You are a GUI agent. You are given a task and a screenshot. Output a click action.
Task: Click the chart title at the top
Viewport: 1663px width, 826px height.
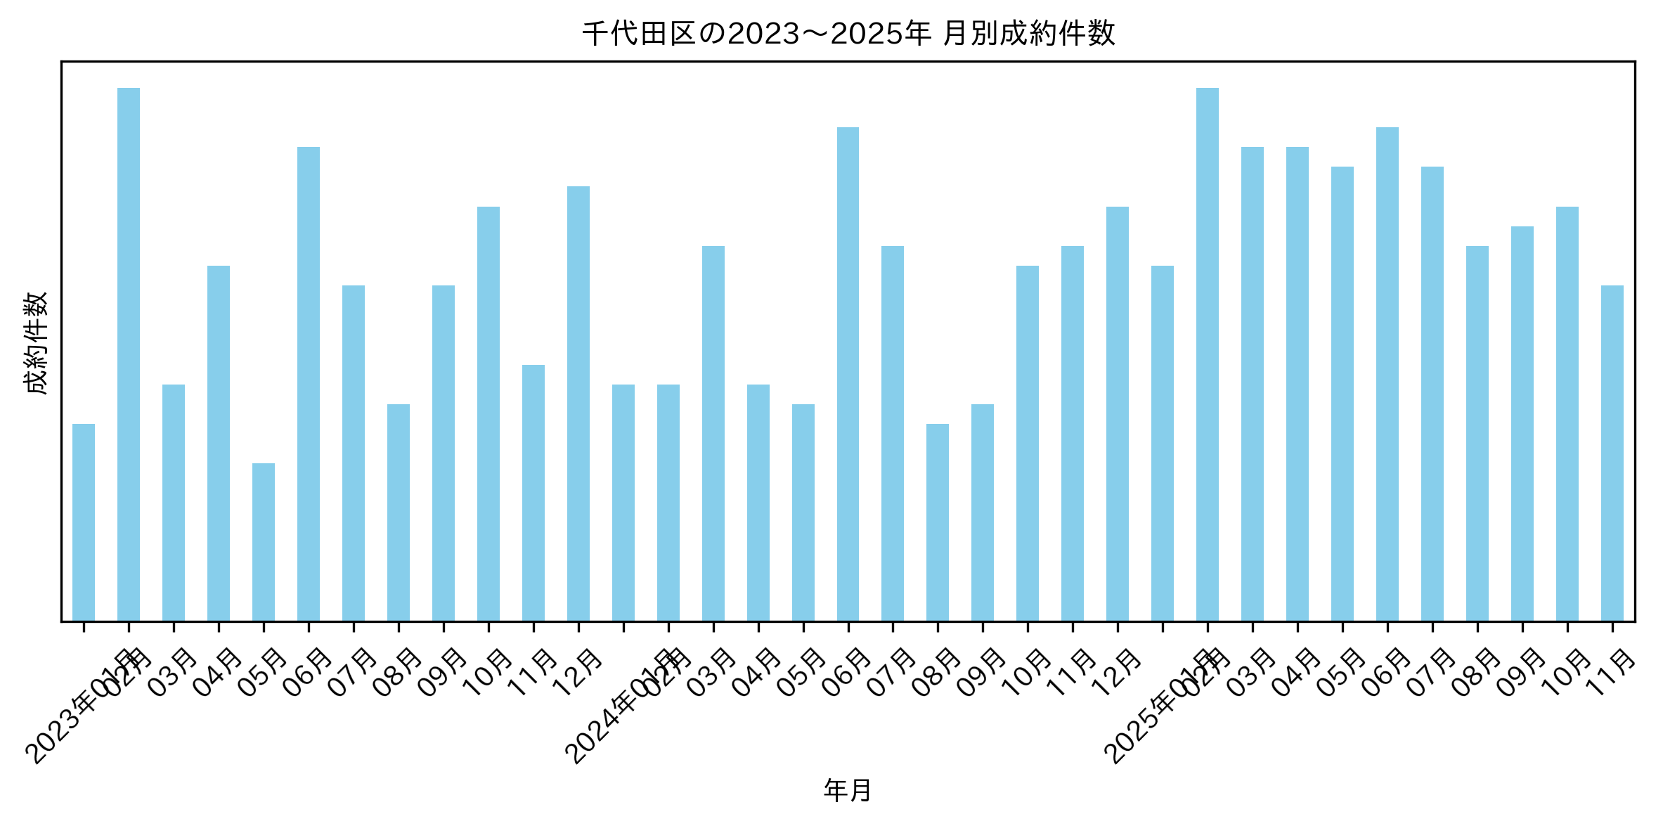pyautogui.click(x=848, y=34)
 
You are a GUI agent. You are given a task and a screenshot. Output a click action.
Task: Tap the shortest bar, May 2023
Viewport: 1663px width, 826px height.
pyautogui.click(x=264, y=542)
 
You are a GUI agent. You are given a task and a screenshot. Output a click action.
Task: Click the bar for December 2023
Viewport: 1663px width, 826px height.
pyautogui.click(x=578, y=404)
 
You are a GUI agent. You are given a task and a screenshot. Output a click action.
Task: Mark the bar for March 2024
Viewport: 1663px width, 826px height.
pyautogui.click(x=713, y=433)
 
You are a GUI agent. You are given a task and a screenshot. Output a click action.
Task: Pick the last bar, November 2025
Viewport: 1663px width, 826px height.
pyautogui.click(x=1612, y=453)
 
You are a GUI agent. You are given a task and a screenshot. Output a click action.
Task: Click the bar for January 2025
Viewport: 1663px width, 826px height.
pyautogui.click(x=1163, y=443)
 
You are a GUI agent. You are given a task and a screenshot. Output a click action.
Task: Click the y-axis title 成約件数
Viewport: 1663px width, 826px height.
pyautogui.click(x=35, y=343)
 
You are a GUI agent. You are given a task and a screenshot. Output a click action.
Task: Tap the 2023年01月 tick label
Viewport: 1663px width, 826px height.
pyautogui.click(x=74, y=710)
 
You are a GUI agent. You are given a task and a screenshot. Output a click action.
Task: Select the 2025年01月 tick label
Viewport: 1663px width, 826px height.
pyautogui.click(x=1153, y=710)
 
